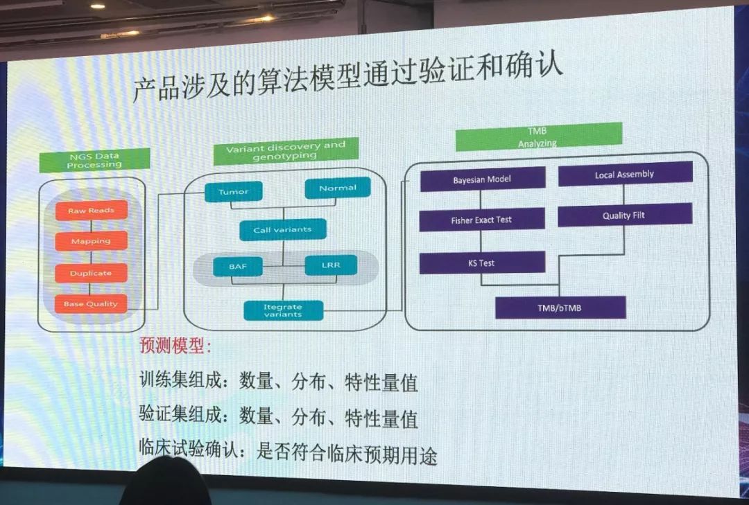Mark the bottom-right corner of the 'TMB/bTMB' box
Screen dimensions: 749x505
626,318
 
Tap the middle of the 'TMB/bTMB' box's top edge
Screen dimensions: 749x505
561,297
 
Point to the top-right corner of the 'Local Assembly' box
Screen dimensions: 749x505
692,162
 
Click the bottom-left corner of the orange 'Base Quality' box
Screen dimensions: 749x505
55,313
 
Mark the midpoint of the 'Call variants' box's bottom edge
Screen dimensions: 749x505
283,240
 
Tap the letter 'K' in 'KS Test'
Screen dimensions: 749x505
470,263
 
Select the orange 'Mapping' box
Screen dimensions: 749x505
92,241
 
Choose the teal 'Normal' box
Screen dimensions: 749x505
338,188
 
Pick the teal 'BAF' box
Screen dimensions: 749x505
238,266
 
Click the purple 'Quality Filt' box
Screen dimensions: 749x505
625,215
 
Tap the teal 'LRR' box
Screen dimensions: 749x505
331,265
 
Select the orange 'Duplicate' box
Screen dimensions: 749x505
92,273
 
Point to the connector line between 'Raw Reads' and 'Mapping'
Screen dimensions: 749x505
91,226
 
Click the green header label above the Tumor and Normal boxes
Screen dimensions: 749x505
286,151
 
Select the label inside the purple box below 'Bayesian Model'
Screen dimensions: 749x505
481,220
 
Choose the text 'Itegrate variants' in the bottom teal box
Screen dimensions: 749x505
283,311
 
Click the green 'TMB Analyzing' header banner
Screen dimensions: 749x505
539,137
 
